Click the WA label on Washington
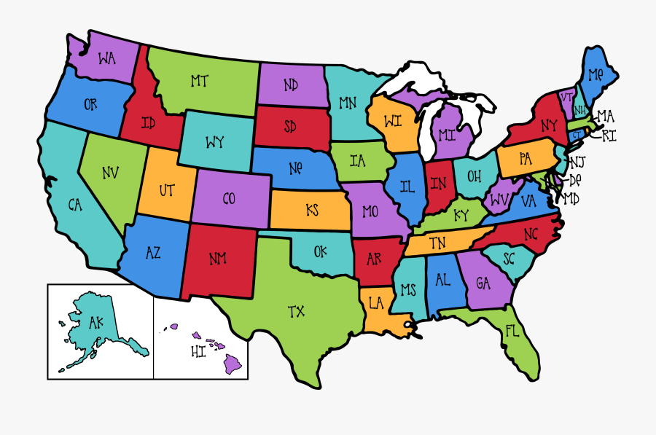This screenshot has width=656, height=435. (106, 57)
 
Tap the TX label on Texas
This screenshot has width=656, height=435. (296, 312)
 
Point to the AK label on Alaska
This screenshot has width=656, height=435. (96, 322)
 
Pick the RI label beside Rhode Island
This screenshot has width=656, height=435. (609, 136)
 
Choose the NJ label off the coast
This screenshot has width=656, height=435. (577, 162)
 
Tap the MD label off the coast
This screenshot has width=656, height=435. (572, 198)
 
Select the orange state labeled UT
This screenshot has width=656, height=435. (167, 191)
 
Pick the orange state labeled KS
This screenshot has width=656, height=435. (312, 210)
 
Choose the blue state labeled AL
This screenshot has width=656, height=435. (442, 281)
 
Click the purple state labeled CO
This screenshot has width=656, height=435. (229, 198)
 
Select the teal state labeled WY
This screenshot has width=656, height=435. (214, 141)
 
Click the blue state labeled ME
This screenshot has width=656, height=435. (596, 74)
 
